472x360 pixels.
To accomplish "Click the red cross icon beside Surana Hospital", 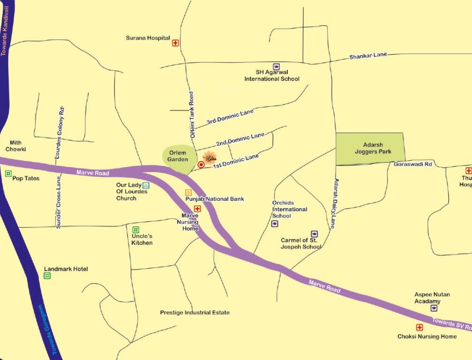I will click(175, 43).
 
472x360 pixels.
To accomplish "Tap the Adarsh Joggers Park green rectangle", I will click(370, 148).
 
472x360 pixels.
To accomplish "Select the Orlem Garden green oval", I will click(177, 156).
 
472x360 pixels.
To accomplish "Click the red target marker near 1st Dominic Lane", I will click(201, 165).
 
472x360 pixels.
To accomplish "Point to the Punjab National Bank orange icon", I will click(188, 192).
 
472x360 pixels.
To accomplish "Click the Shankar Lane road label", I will click(368, 56).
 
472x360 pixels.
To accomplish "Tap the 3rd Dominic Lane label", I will click(230, 117).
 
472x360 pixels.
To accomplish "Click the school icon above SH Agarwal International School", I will click(277, 67).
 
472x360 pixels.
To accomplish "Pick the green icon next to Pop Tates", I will click(8, 173).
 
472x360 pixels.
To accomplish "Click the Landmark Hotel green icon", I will click(47, 276).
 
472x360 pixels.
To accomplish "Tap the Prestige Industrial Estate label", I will click(195, 312).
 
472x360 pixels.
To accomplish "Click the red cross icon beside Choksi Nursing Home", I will click(419, 327).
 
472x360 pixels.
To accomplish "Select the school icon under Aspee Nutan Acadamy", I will click(434, 308).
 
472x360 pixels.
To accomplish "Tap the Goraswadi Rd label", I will click(412, 164).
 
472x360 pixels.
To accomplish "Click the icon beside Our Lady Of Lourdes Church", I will click(146, 186).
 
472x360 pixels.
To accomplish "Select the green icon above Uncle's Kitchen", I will click(135, 230).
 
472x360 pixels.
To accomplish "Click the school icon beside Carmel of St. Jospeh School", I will click(314, 233).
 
